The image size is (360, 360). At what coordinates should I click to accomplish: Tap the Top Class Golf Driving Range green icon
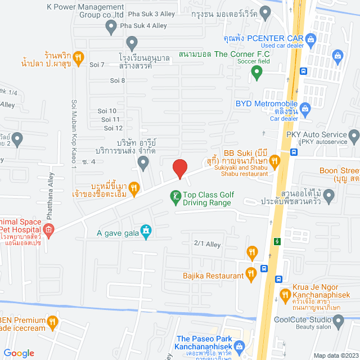tap(175, 196)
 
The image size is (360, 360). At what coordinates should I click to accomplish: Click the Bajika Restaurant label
tap(213, 276)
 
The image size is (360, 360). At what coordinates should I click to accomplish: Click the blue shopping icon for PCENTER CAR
tap(312, 38)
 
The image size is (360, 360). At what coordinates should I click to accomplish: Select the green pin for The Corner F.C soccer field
tap(257, 72)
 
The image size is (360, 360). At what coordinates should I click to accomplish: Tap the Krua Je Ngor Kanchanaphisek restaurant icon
tap(285, 294)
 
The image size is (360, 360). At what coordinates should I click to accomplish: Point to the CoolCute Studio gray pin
tap(338, 321)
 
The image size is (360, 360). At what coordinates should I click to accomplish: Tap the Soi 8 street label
tap(118, 80)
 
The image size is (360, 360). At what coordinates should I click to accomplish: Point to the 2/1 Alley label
tap(206, 244)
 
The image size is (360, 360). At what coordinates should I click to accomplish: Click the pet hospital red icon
tap(49, 229)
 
